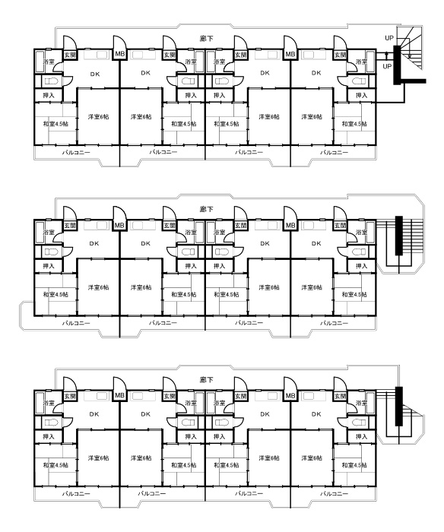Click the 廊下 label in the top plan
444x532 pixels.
206,39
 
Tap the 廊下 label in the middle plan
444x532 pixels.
206,209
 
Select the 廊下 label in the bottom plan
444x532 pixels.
206,380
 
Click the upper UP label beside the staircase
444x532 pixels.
389,38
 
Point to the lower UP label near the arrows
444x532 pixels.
387,67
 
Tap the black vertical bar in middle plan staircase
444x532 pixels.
399,236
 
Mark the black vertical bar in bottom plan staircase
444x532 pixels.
399,406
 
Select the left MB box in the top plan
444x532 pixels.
119,54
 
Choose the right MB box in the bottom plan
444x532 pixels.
290,395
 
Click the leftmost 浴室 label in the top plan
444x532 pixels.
49,62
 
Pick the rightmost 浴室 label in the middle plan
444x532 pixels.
362,233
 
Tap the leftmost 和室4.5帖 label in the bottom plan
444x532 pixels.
55,465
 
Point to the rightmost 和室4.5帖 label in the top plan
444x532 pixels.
354,124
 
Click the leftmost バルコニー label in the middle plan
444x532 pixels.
76,323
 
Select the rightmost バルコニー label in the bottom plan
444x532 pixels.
335,493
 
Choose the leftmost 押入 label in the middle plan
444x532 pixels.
49,266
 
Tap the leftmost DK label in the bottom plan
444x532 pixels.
94,414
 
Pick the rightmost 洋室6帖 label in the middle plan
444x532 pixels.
312,287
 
